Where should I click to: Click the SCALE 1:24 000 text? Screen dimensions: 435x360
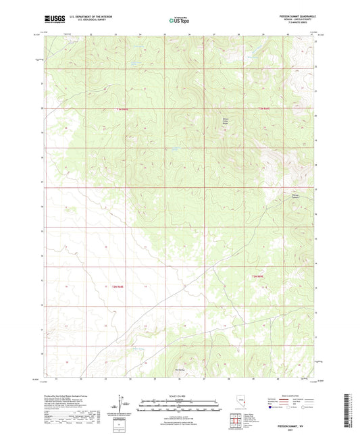click(x=180, y=396)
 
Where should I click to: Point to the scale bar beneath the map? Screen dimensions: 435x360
click(x=180, y=407)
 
